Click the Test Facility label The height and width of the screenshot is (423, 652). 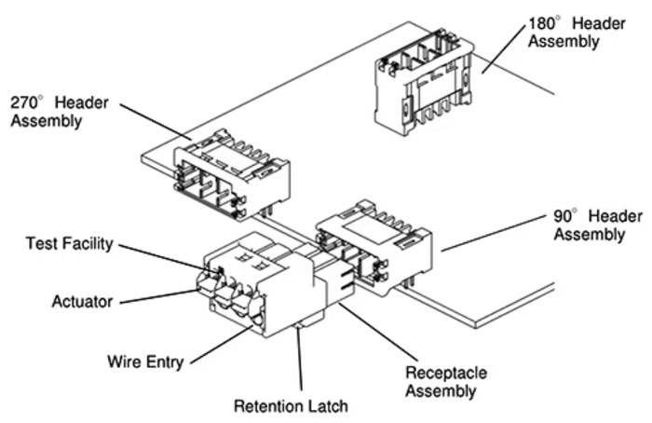pos(68,244)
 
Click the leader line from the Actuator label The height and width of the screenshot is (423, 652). pos(158,295)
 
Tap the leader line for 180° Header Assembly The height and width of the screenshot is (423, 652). pos(503,51)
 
